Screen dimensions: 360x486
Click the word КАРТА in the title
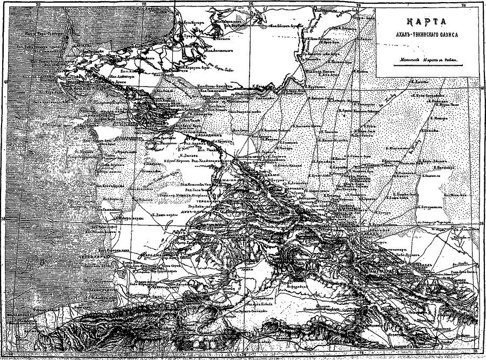[x=427, y=22]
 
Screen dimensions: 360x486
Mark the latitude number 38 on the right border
[x=482, y=222]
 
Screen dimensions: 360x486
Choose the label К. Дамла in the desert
[x=421, y=82]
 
